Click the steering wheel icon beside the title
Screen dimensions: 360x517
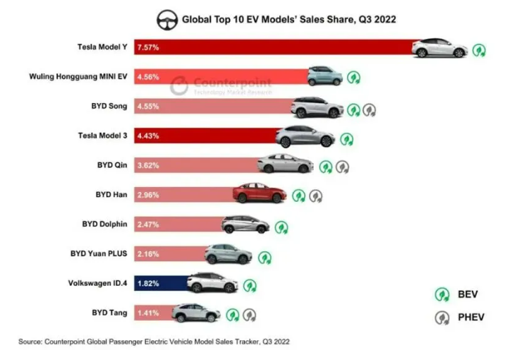point(166,18)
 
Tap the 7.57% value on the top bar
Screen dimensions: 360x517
point(149,49)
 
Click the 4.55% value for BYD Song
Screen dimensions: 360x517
point(149,107)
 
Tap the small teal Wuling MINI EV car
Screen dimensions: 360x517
point(324,76)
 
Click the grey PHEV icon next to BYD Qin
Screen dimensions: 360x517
point(343,167)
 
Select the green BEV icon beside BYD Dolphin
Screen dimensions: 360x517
point(281,227)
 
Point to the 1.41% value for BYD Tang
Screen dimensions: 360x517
point(149,312)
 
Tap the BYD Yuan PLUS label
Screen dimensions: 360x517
point(99,253)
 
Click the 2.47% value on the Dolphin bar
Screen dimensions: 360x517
point(149,224)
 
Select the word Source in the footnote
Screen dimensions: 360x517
point(30,342)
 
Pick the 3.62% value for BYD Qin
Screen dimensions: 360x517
point(149,165)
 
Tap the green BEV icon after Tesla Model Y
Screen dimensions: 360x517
point(480,50)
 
